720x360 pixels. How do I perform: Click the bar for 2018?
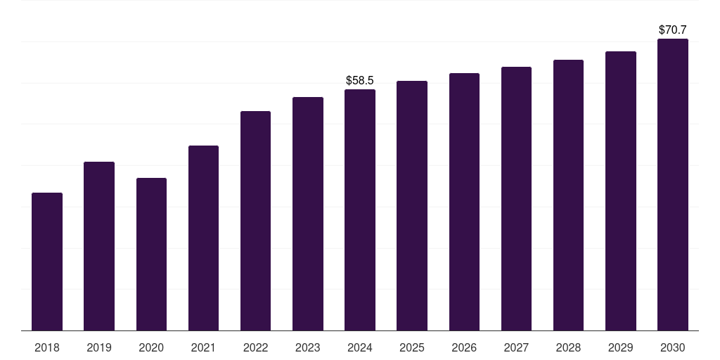click(47, 262)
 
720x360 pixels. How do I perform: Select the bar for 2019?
click(99, 246)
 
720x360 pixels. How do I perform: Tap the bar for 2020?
click(151, 254)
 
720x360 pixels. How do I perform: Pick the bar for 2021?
click(203, 238)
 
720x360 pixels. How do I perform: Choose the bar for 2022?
click(255, 221)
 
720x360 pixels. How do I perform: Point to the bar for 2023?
click(308, 214)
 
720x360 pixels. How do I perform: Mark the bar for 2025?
click(412, 205)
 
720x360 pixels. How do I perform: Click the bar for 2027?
click(516, 198)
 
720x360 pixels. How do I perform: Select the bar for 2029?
click(621, 191)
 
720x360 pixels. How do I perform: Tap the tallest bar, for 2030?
click(673, 184)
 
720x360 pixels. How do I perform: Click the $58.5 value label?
click(360, 81)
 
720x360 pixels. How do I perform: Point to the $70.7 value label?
click(673, 30)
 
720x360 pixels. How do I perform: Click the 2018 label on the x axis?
click(47, 347)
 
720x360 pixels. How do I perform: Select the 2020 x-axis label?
click(151, 347)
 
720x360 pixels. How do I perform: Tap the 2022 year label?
click(255, 347)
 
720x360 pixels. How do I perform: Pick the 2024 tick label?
click(360, 347)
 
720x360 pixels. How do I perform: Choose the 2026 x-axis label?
click(464, 347)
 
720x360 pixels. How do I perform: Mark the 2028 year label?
click(568, 347)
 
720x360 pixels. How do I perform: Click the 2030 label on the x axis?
click(673, 347)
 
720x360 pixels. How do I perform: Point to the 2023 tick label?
click(308, 347)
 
